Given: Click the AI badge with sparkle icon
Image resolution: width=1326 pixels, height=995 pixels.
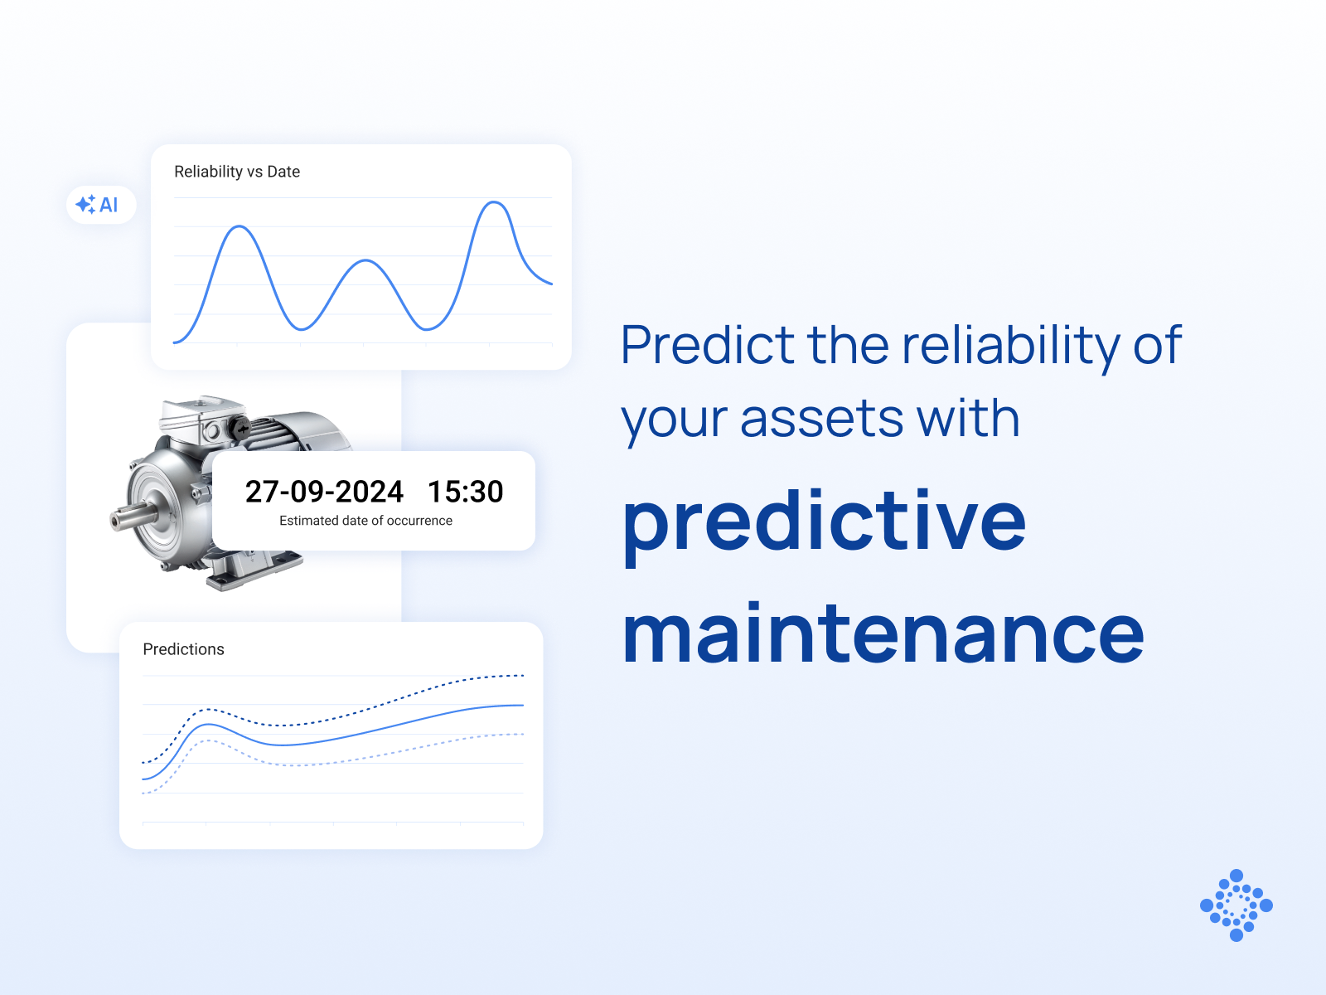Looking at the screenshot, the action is tap(101, 205).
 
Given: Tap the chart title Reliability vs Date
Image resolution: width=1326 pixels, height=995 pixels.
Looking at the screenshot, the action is tap(237, 172).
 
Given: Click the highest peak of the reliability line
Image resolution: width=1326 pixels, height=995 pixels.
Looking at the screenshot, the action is tap(495, 202).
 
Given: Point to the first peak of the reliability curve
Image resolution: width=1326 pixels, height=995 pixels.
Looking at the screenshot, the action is tap(240, 226).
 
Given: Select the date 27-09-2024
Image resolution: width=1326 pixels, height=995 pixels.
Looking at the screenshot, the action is tap(324, 491).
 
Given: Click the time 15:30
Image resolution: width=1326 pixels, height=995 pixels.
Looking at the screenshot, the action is tap(465, 491).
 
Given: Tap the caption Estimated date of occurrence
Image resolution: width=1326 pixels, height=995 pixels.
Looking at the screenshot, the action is tap(365, 521).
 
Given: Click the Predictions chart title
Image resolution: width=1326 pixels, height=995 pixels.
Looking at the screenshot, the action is tap(183, 649).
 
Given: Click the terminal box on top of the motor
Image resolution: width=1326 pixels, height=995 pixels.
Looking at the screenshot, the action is tap(201, 417).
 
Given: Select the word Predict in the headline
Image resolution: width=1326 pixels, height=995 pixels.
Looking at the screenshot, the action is tap(708, 344).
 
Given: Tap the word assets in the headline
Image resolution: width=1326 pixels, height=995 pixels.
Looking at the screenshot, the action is tap(821, 420).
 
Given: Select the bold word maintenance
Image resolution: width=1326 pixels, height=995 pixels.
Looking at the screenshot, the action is tap(883, 633).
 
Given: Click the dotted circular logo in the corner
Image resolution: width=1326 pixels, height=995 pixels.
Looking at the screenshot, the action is tap(1236, 905).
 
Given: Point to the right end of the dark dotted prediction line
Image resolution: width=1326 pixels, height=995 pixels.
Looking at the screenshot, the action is tap(523, 676).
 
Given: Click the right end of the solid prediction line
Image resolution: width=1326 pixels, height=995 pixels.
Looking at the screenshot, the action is tap(523, 705).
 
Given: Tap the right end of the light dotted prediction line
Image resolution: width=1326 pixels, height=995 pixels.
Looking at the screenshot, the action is tap(523, 734).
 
